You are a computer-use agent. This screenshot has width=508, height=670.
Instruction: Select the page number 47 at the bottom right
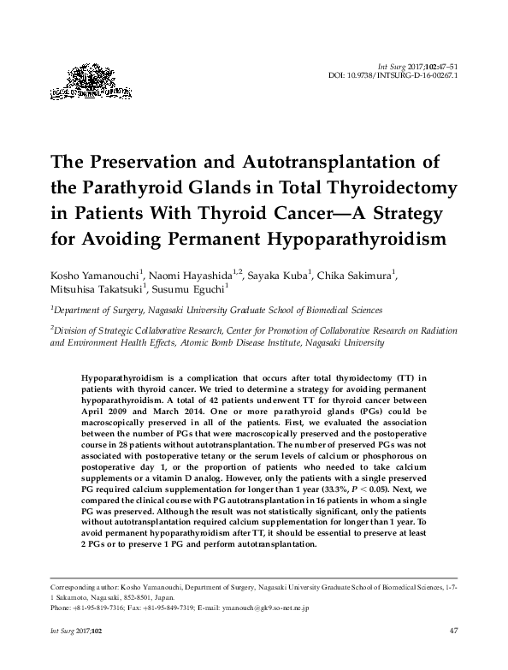click(x=454, y=631)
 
